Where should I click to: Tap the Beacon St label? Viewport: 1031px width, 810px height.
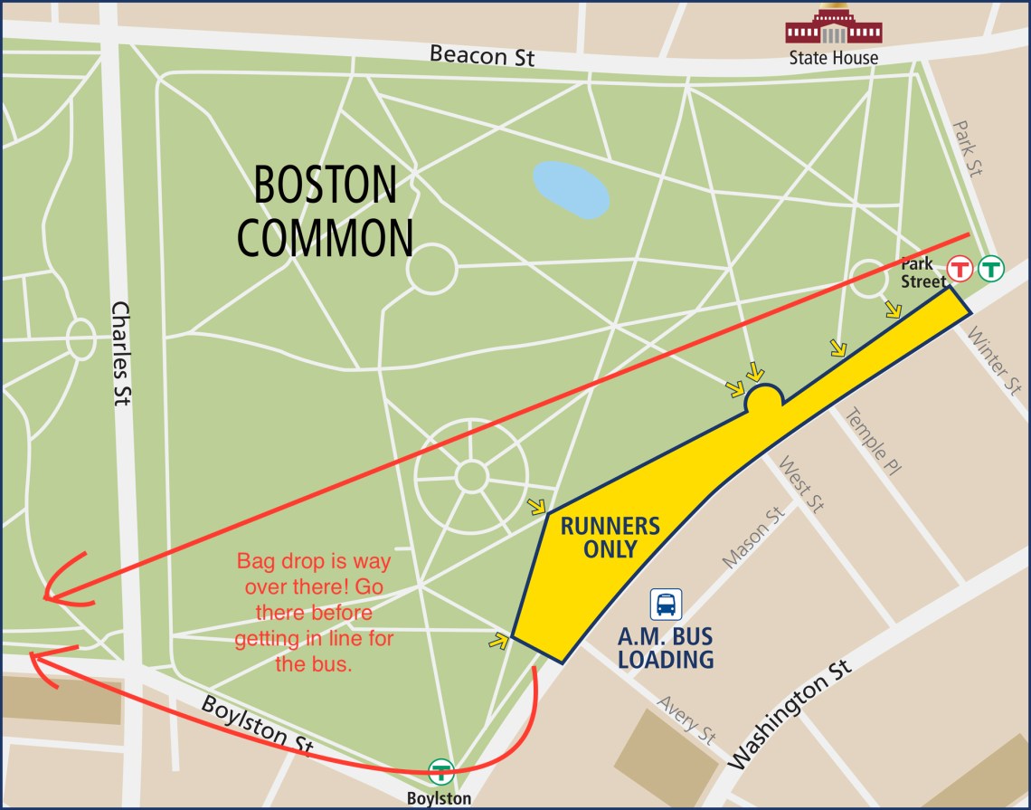482,55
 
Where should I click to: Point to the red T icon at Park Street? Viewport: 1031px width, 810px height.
960,268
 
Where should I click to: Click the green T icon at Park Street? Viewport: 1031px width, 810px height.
991,268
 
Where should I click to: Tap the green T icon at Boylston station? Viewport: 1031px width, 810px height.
440,771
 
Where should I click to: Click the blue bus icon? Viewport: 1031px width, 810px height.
667,604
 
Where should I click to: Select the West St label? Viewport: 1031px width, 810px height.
801,486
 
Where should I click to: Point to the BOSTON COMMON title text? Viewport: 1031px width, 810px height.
325,212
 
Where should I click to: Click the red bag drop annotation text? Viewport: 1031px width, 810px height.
314,613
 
